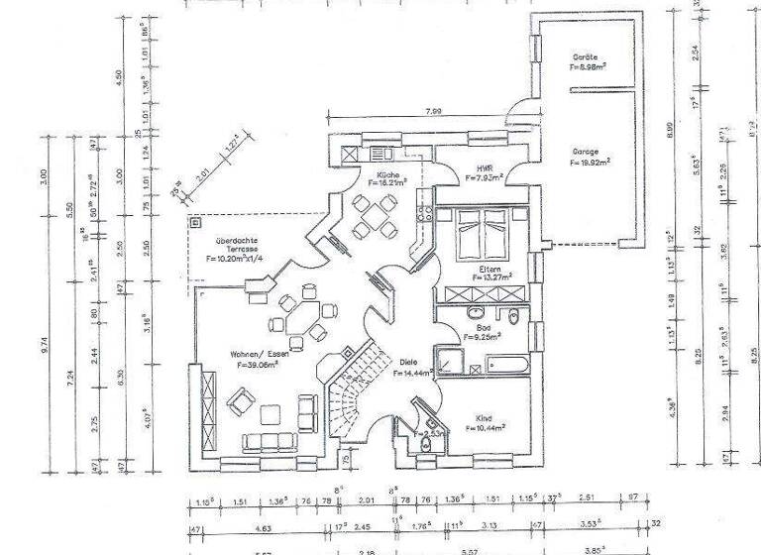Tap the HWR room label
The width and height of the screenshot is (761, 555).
pos(485,168)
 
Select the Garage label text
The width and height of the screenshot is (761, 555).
pos(584,152)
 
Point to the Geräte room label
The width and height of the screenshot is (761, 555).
pos(587,57)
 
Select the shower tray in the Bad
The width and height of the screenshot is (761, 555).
pos(451,362)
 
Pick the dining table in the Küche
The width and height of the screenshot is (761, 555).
pos(374,215)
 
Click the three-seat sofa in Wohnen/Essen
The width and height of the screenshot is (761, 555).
pos(270,441)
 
